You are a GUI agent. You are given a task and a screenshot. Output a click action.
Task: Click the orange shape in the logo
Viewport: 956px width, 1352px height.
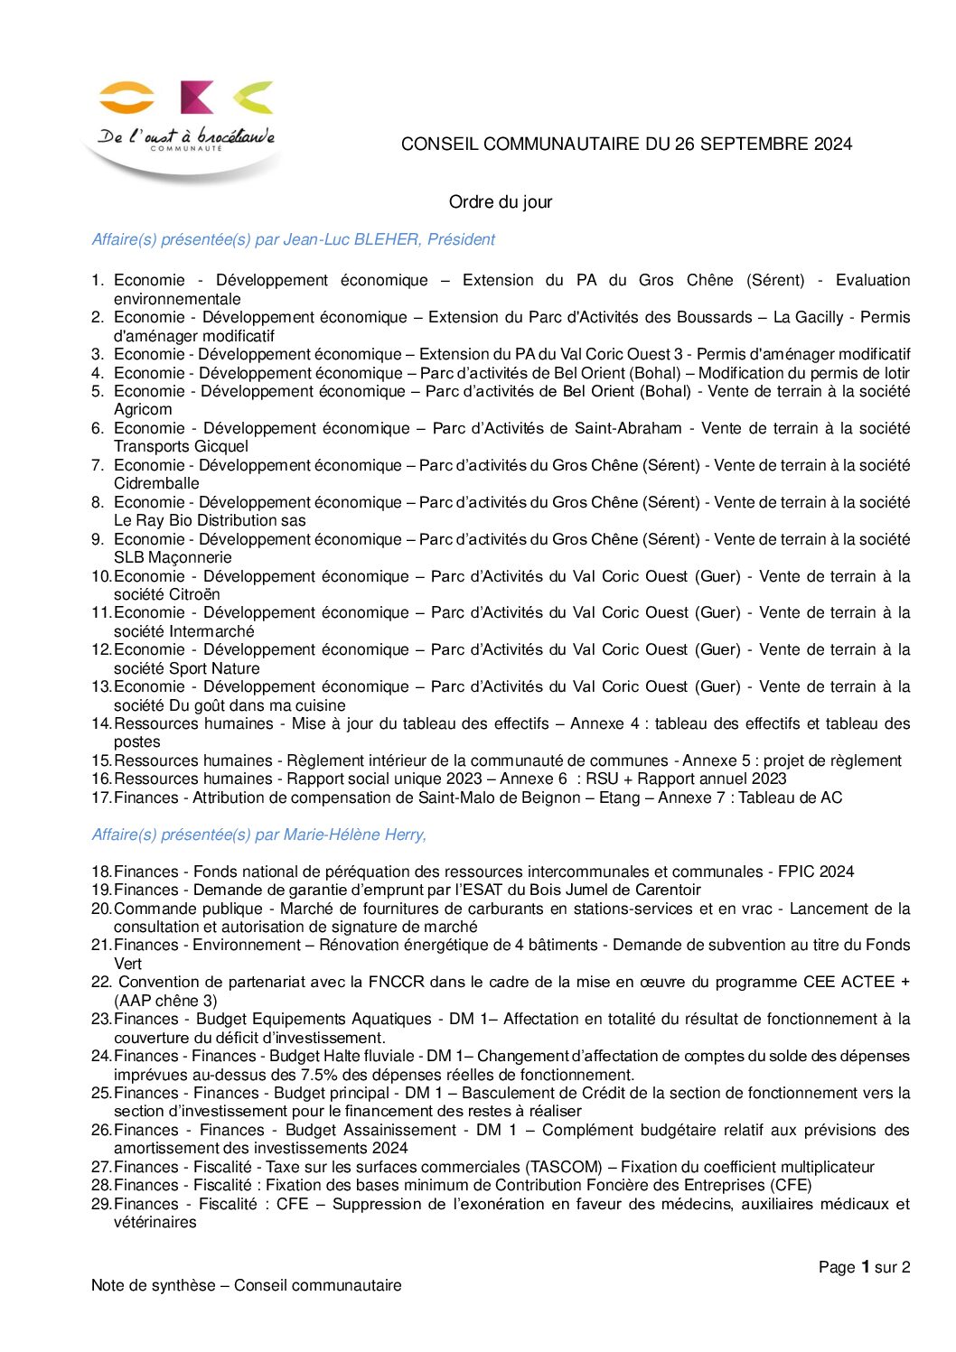[127, 97]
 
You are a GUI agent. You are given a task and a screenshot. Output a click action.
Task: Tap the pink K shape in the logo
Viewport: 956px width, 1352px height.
[196, 97]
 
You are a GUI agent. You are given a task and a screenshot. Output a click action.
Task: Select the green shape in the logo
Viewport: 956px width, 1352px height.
[254, 96]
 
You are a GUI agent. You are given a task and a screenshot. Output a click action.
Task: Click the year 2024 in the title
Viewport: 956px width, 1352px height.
[832, 144]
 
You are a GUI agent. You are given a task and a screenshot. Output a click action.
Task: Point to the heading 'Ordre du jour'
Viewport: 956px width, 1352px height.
[500, 202]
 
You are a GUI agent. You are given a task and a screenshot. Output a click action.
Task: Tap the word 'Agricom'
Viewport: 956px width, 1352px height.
[143, 409]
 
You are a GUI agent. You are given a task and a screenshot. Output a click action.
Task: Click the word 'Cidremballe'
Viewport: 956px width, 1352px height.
[156, 483]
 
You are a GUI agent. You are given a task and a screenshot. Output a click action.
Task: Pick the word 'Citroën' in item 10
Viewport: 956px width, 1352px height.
[194, 594]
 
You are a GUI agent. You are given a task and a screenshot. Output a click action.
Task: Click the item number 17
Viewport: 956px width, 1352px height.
[100, 797]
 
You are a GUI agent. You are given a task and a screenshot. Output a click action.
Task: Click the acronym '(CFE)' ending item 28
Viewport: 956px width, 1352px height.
[791, 1185]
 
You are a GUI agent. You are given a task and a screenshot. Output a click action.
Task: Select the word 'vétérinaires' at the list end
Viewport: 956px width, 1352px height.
[155, 1222]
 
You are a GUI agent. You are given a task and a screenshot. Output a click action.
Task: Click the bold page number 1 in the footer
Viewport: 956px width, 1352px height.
[865, 1267]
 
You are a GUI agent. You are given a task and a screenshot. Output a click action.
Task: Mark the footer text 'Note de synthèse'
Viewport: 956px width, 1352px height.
[153, 1285]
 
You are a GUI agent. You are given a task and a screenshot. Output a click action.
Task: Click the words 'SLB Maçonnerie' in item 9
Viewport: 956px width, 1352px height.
[173, 557]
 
